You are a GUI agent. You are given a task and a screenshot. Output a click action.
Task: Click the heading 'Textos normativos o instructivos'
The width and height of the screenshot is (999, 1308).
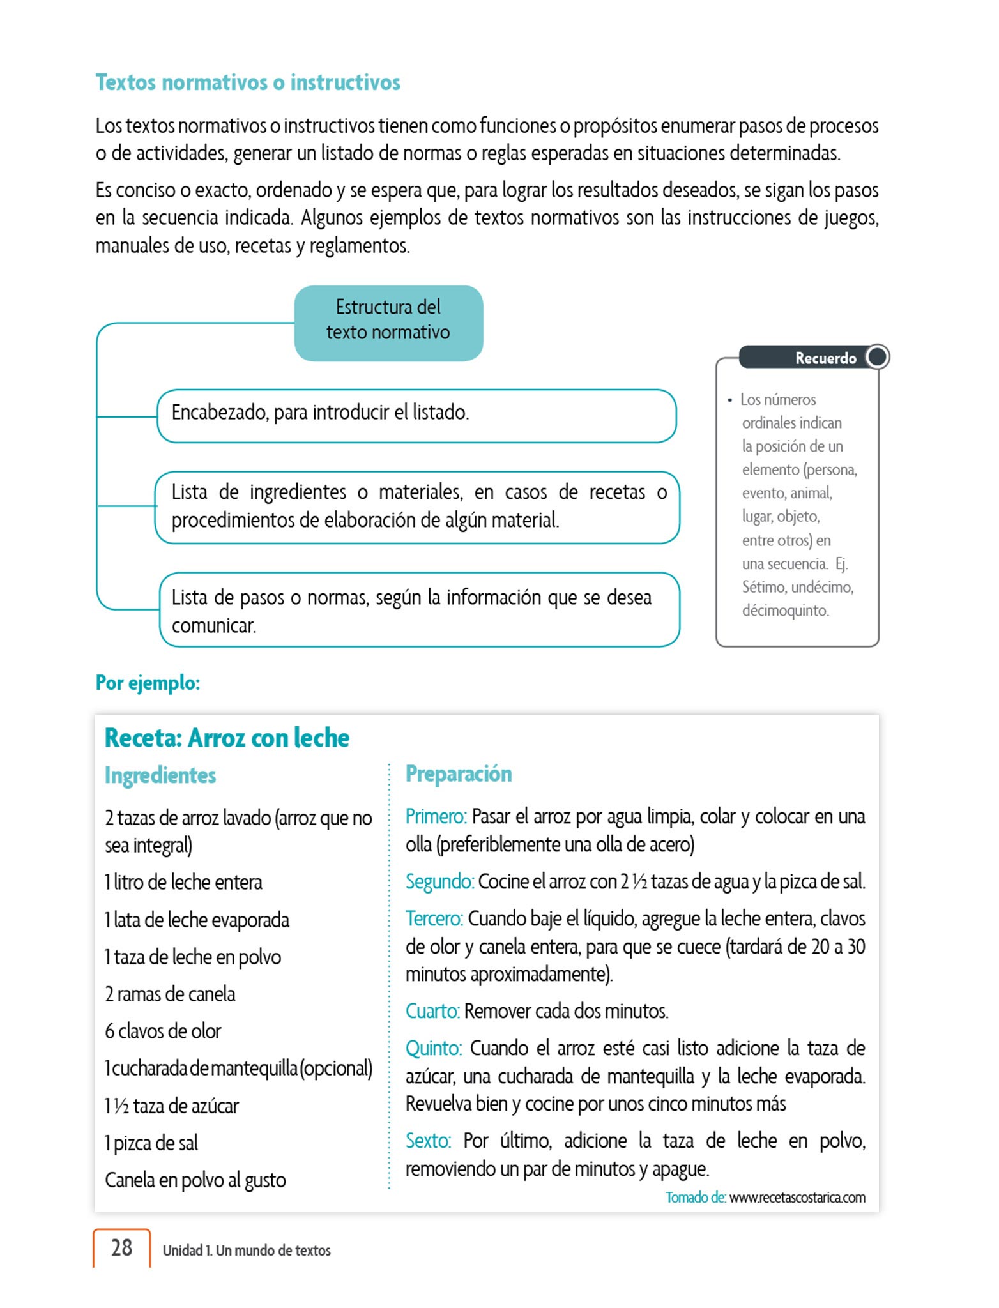(x=248, y=82)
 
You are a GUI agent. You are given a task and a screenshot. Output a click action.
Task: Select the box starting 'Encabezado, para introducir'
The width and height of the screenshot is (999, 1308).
(x=416, y=415)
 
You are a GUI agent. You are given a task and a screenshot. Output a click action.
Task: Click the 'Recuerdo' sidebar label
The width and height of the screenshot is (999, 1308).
(x=825, y=358)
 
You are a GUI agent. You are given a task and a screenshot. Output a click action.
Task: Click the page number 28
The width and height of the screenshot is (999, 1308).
(x=122, y=1247)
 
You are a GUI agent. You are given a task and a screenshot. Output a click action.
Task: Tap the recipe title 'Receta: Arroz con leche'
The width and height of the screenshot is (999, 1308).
(x=227, y=738)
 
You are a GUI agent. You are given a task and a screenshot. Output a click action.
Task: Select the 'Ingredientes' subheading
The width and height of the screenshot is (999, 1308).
(x=160, y=775)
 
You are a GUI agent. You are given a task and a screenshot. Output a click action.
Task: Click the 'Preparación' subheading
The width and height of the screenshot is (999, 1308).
(x=459, y=773)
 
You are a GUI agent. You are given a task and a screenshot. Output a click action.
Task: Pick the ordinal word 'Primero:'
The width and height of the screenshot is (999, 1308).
(x=436, y=816)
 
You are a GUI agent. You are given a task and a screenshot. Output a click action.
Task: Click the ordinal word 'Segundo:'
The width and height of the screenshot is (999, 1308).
(x=439, y=881)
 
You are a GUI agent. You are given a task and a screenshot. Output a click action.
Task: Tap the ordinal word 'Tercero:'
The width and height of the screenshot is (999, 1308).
(x=434, y=918)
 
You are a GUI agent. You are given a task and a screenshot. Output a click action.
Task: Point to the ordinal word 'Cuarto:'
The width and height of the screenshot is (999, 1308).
(x=432, y=1011)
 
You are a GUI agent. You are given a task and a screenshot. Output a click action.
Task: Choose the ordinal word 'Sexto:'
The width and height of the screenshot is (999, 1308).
(x=429, y=1141)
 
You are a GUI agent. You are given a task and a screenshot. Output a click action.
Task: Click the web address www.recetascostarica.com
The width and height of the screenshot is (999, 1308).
(x=797, y=1198)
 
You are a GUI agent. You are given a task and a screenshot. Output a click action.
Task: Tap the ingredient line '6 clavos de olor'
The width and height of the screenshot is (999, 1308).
(x=163, y=1031)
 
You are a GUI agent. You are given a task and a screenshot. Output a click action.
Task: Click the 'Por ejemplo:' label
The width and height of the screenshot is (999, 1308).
(x=148, y=683)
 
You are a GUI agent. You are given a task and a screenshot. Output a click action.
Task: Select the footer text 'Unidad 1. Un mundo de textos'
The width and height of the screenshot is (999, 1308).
(x=247, y=1251)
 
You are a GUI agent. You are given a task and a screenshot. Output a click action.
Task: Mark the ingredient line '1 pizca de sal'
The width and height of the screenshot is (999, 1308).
(x=151, y=1143)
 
